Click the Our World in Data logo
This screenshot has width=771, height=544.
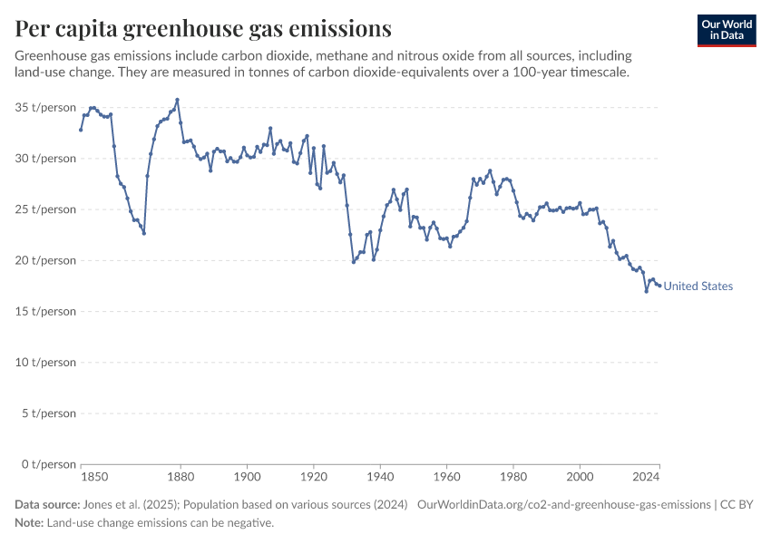[x=727, y=31]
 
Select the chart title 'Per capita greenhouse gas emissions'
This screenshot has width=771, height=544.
[x=203, y=28]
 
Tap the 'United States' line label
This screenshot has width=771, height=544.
[x=698, y=286]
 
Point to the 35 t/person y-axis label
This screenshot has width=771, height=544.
[x=45, y=108]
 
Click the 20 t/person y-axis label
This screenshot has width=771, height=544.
[x=45, y=260]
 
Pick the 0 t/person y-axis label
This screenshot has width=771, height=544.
[x=49, y=464]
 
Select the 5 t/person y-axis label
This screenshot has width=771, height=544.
[x=49, y=413]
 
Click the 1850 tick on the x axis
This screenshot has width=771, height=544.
[x=94, y=477]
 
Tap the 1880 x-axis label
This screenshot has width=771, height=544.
[x=181, y=477]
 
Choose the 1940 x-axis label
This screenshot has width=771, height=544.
[x=380, y=477]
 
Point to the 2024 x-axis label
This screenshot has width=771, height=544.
[x=646, y=477]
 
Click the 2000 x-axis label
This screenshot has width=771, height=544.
[x=580, y=477]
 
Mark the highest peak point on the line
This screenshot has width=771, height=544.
[x=177, y=100]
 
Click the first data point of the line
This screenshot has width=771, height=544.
[x=81, y=130]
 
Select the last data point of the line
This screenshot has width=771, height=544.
[x=659, y=286]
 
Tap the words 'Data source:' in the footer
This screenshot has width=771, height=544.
[x=47, y=505]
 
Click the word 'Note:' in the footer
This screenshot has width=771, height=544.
[x=29, y=523]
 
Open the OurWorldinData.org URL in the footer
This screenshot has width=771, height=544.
[x=564, y=505]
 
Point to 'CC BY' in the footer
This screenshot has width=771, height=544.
[x=737, y=505]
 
